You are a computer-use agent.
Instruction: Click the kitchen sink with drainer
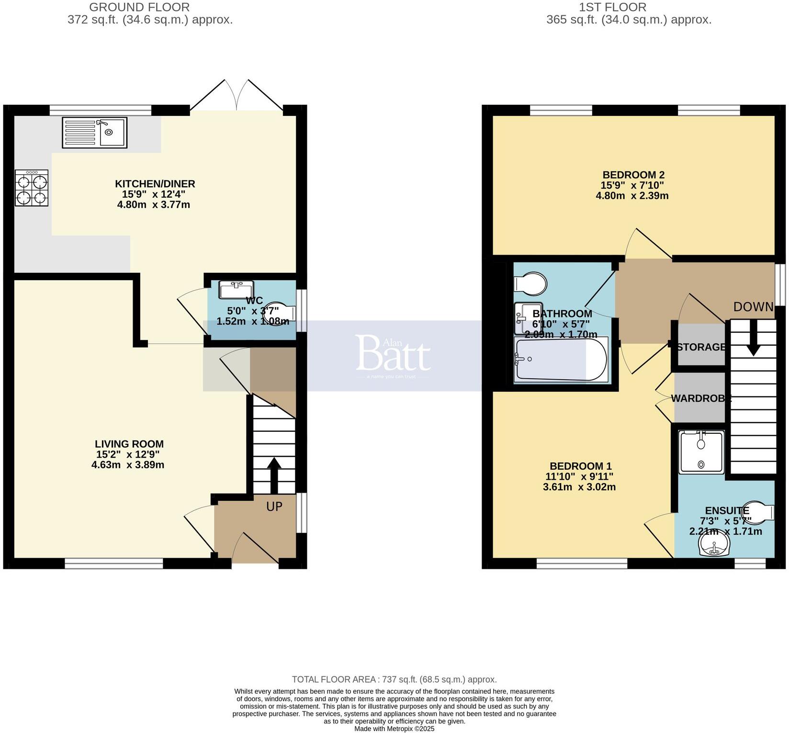tap(94, 133)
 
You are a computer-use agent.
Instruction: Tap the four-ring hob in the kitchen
tap(32, 188)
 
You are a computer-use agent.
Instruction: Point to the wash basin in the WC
tap(236, 290)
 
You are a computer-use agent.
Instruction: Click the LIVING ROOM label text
tap(129, 444)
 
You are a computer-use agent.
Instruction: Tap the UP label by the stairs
tap(274, 507)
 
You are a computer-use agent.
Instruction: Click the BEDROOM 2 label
tap(633, 175)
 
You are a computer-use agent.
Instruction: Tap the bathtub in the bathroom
tap(560, 360)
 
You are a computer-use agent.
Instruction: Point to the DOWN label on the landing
tap(753, 307)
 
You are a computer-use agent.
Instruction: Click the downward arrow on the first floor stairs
tap(753, 339)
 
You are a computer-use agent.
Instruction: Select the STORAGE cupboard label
tap(701, 347)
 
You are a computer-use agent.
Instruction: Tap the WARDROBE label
tap(701, 398)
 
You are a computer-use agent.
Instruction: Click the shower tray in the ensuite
tap(701, 452)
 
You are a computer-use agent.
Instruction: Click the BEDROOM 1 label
tap(580, 466)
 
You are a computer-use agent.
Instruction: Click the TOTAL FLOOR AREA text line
tap(394, 679)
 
